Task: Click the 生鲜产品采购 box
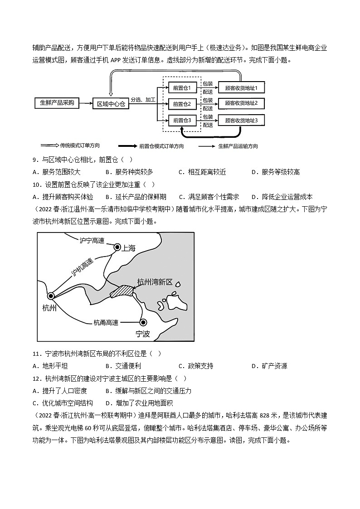57,103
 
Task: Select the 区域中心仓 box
111,104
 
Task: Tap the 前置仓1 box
182,87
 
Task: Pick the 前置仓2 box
182,104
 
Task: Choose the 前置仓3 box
182,120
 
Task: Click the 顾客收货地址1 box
241,87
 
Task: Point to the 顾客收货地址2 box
241,104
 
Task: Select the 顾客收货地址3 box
241,120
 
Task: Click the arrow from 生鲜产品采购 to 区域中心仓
86,103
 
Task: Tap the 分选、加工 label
143,99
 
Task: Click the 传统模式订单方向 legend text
80,145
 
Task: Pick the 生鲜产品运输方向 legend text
238,146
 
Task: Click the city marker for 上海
117,247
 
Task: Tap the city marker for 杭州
51,296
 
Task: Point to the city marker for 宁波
143,322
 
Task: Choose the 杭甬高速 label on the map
106,322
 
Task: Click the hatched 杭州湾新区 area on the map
122,291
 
